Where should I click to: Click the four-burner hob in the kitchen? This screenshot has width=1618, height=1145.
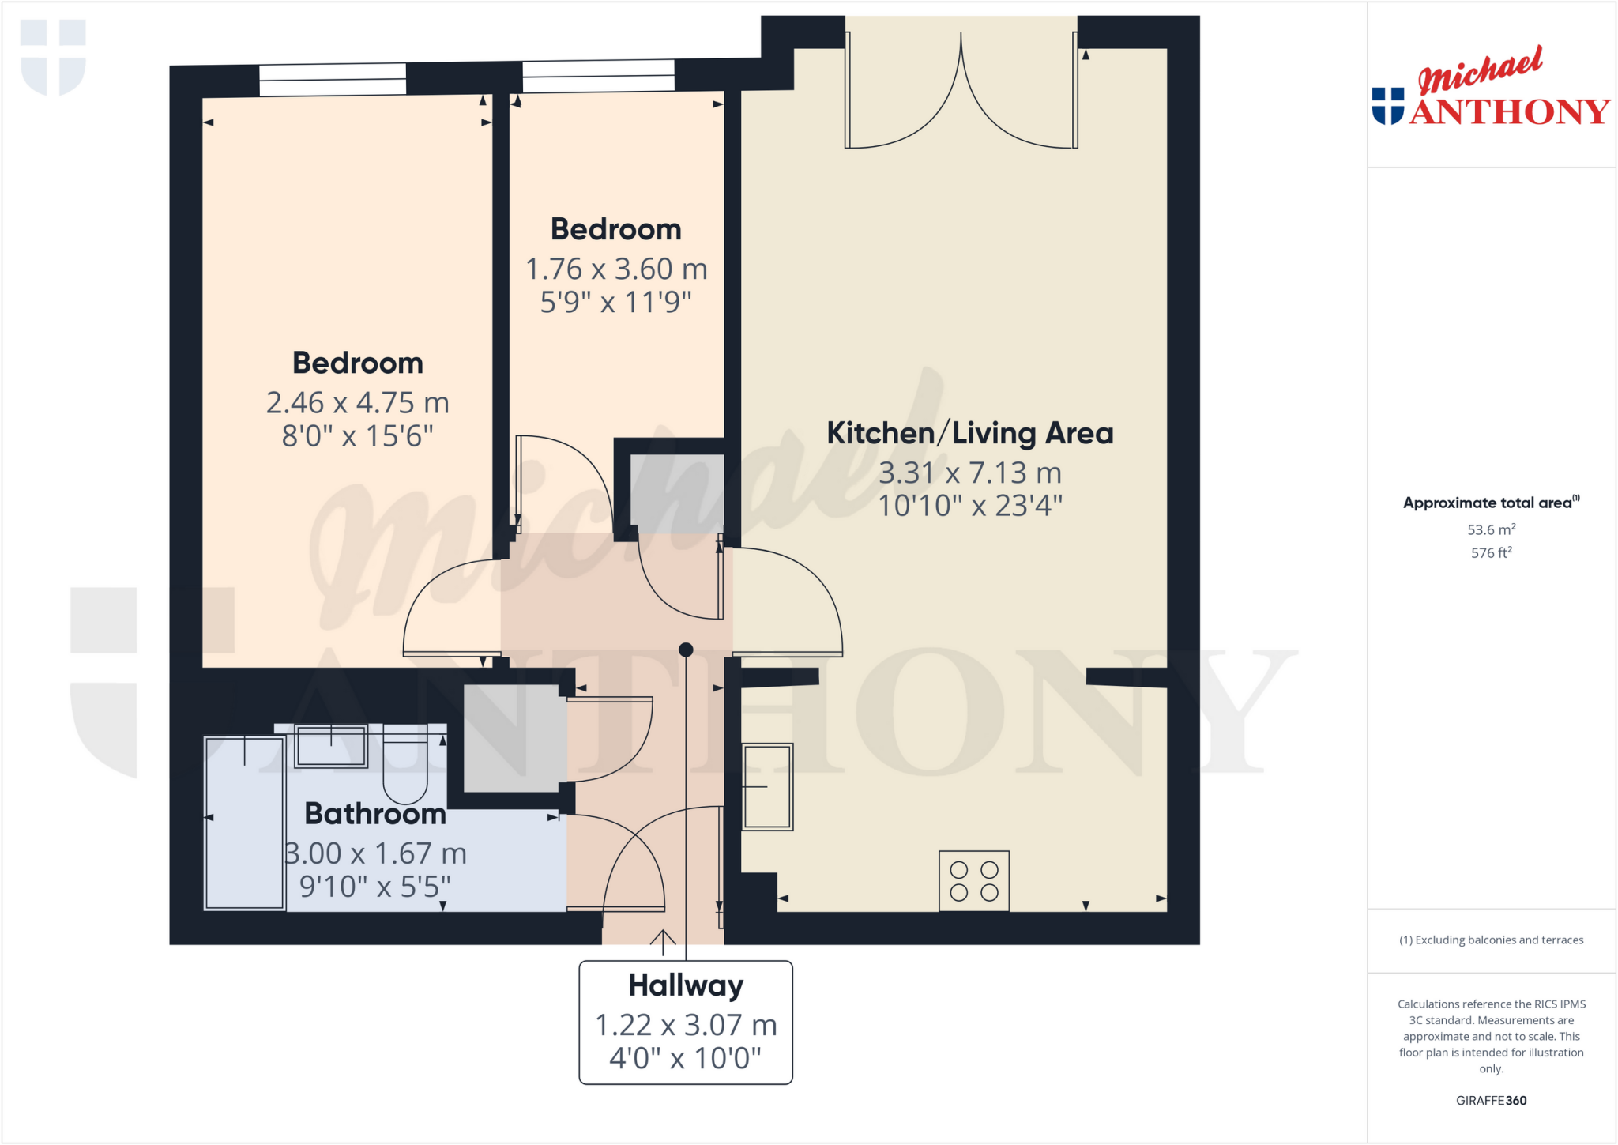[973, 881]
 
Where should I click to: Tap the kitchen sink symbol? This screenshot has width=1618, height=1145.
[767, 786]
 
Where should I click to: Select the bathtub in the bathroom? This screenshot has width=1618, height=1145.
[244, 823]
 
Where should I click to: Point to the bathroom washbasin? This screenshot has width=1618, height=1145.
[331, 746]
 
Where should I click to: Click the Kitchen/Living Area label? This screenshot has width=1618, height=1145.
[969, 433]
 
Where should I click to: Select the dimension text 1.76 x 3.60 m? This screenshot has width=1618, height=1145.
[616, 269]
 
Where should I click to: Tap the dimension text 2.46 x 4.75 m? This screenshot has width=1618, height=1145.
[357, 403]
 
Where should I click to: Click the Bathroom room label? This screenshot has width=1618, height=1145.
[375, 814]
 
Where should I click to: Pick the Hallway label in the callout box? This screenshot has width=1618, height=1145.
[686, 985]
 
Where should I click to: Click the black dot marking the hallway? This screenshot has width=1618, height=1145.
[686, 650]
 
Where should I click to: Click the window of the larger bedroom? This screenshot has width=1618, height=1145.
[333, 80]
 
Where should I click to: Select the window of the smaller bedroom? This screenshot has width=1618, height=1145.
[598, 77]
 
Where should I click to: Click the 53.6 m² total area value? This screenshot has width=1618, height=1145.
[1491, 529]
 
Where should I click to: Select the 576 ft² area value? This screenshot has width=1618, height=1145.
[1491, 553]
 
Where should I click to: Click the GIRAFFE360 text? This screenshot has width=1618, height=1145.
[1491, 1100]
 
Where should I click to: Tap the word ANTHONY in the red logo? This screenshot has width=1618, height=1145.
[1509, 111]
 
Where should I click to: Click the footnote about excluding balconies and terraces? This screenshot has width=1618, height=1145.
[1491, 940]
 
